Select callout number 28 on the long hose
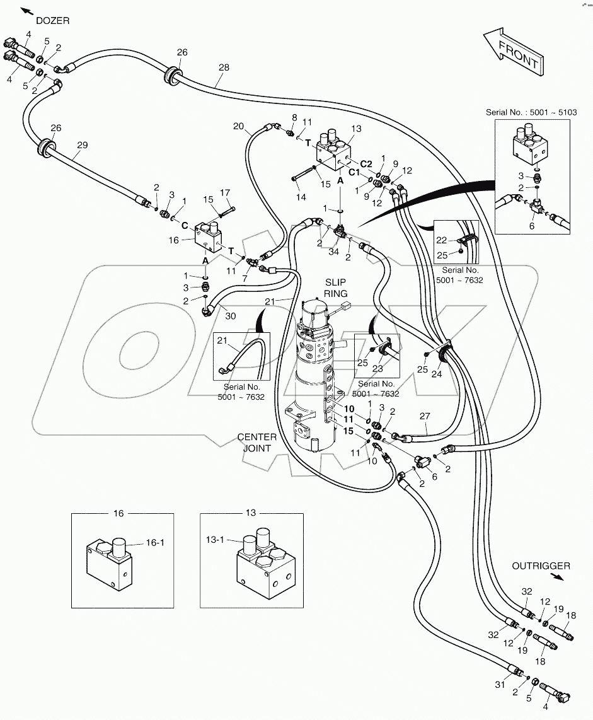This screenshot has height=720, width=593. (x=224, y=67)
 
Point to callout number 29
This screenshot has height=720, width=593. (x=82, y=144)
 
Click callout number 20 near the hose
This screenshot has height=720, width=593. (x=238, y=126)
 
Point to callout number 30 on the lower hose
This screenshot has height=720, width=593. (x=231, y=316)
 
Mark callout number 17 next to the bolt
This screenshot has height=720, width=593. (x=225, y=193)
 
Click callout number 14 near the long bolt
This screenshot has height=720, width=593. (x=302, y=197)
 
